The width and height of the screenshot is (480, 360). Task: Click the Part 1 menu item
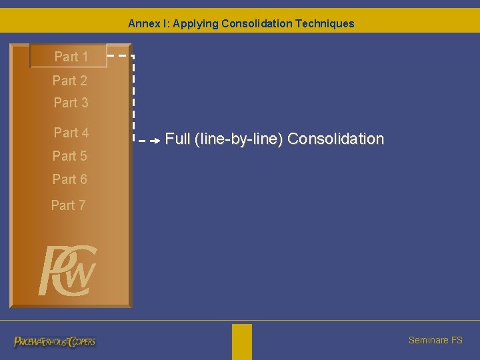[x=71, y=57]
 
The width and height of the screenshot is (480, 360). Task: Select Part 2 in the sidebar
[x=70, y=81]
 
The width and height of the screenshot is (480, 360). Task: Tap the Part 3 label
[x=71, y=103]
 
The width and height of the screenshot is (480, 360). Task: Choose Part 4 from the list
[x=71, y=133]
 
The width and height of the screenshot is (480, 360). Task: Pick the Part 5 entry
[x=70, y=156]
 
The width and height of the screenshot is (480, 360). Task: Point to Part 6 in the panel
[x=70, y=179]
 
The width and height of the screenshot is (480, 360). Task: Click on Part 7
[x=69, y=205]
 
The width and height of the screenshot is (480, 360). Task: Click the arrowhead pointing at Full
[x=155, y=141]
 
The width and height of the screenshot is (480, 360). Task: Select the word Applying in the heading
[x=195, y=23]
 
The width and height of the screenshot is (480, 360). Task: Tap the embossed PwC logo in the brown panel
[x=68, y=271]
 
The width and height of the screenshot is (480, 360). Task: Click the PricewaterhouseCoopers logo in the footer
[x=55, y=341]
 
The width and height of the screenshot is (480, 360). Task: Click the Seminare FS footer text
[x=435, y=340]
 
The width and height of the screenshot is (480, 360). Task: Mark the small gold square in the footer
[x=242, y=341]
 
